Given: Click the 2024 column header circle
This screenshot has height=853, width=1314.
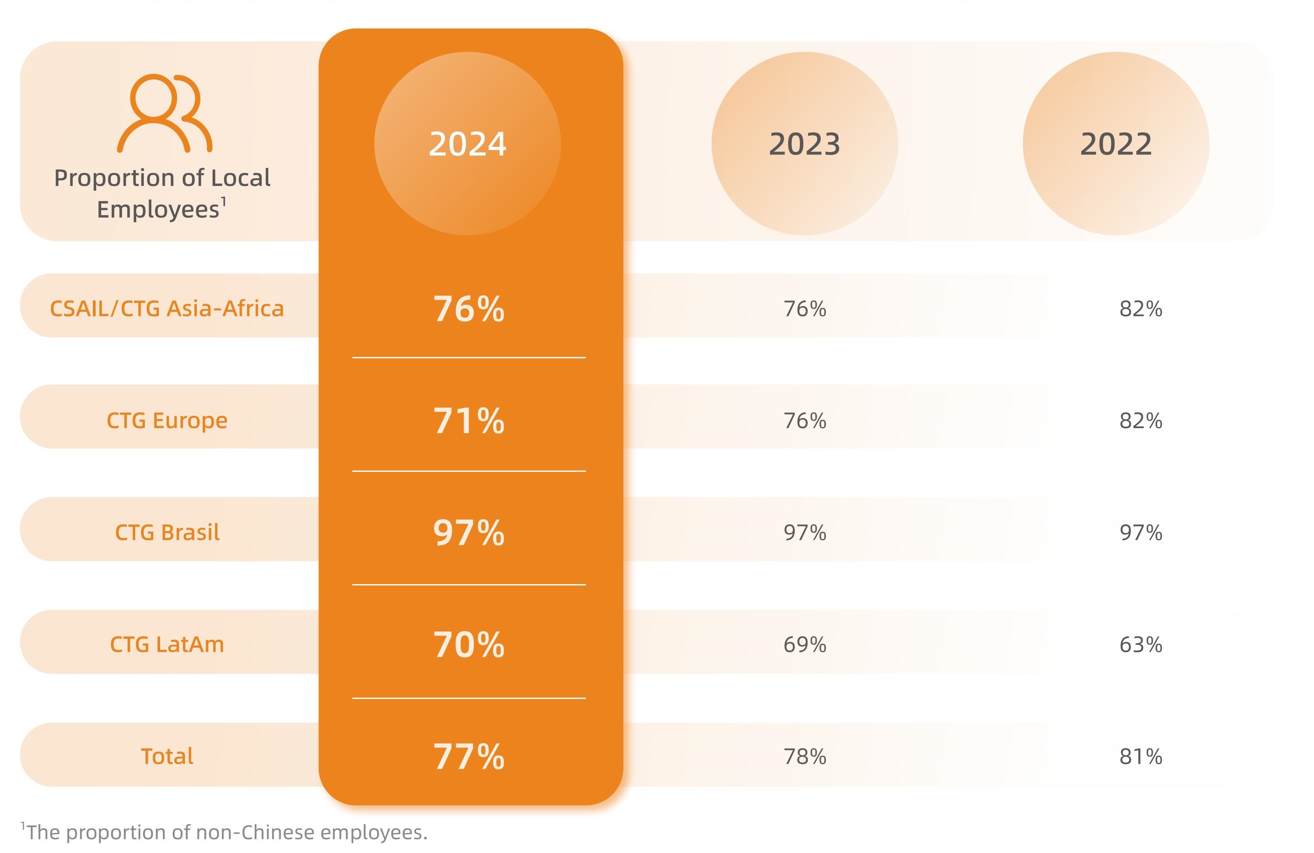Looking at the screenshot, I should point(467,143).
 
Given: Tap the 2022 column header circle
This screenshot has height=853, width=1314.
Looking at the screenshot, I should point(1115,143).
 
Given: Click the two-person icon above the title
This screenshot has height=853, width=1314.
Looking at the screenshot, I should point(164,113).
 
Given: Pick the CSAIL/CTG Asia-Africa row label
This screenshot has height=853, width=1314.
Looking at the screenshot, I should point(167,308).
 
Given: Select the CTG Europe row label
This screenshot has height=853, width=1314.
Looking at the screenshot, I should point(167,421).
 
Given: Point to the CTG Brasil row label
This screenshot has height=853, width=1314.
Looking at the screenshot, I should point(167,532).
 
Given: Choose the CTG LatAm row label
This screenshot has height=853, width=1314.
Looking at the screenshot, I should point(167,644).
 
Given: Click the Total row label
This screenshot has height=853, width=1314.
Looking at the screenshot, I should point(167,756).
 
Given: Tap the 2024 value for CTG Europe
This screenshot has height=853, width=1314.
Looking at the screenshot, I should point(468,421).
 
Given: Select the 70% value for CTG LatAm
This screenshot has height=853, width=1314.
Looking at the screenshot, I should point(468,644).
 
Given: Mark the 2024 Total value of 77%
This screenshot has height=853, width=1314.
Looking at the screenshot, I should point(468,756).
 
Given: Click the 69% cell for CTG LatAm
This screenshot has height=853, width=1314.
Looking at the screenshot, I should point(805,644).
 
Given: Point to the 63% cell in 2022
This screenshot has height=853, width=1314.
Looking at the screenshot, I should point(1141,644).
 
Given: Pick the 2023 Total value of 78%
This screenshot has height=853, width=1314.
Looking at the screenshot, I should point(805,756).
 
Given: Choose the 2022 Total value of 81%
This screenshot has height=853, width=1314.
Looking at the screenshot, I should point(1141,756).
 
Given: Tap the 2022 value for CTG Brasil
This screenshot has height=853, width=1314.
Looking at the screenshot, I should point(1141,532).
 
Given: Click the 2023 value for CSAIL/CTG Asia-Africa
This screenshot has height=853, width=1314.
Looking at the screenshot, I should point(805,308).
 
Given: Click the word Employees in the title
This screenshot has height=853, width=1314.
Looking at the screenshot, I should point(158,210).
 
